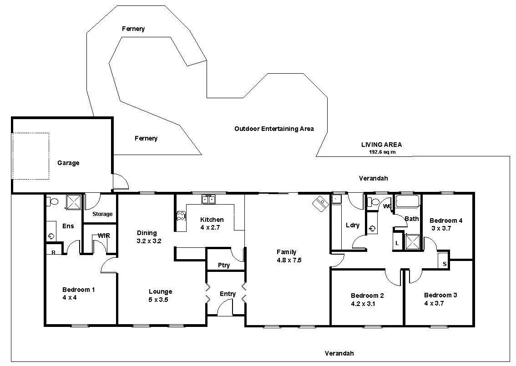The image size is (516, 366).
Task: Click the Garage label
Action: pyautogui.click(x=68, y=163)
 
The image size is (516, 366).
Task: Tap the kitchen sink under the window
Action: pyautogui.click(x=209, y=199)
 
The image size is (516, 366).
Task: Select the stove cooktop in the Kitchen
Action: pyautogui.click(x=181, y=216)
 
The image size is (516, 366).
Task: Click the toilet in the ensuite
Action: pyautogui.click(x=53, y=201)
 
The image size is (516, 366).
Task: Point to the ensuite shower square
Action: pyautogui.click(x=74, y=201)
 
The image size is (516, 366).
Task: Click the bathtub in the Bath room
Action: pyautogui.click(x=408, y=201)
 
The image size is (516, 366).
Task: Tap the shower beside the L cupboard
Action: pyautogui.click(x=413, y=242)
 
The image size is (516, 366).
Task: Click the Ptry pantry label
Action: pyautogui.click(x=223, y=265)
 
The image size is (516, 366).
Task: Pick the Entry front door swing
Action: pyautogui.click(x=225, y=309)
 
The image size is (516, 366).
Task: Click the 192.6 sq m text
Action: pyautogui.click(x=382, y=152)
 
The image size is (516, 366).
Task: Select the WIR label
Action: pyautogui.click(x=104, y=236)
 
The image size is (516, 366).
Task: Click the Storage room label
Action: pyautogui.click(x=102, y=214)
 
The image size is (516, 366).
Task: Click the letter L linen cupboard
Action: pyautogui.click(x=397, y=244)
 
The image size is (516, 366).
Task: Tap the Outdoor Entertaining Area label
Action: pyautogui.click(x=274, y=129)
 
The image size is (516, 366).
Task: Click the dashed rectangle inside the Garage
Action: pyautogui.click(x=30, y=156)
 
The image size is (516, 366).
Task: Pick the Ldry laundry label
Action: pyautogui.click(x=353, y=225)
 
